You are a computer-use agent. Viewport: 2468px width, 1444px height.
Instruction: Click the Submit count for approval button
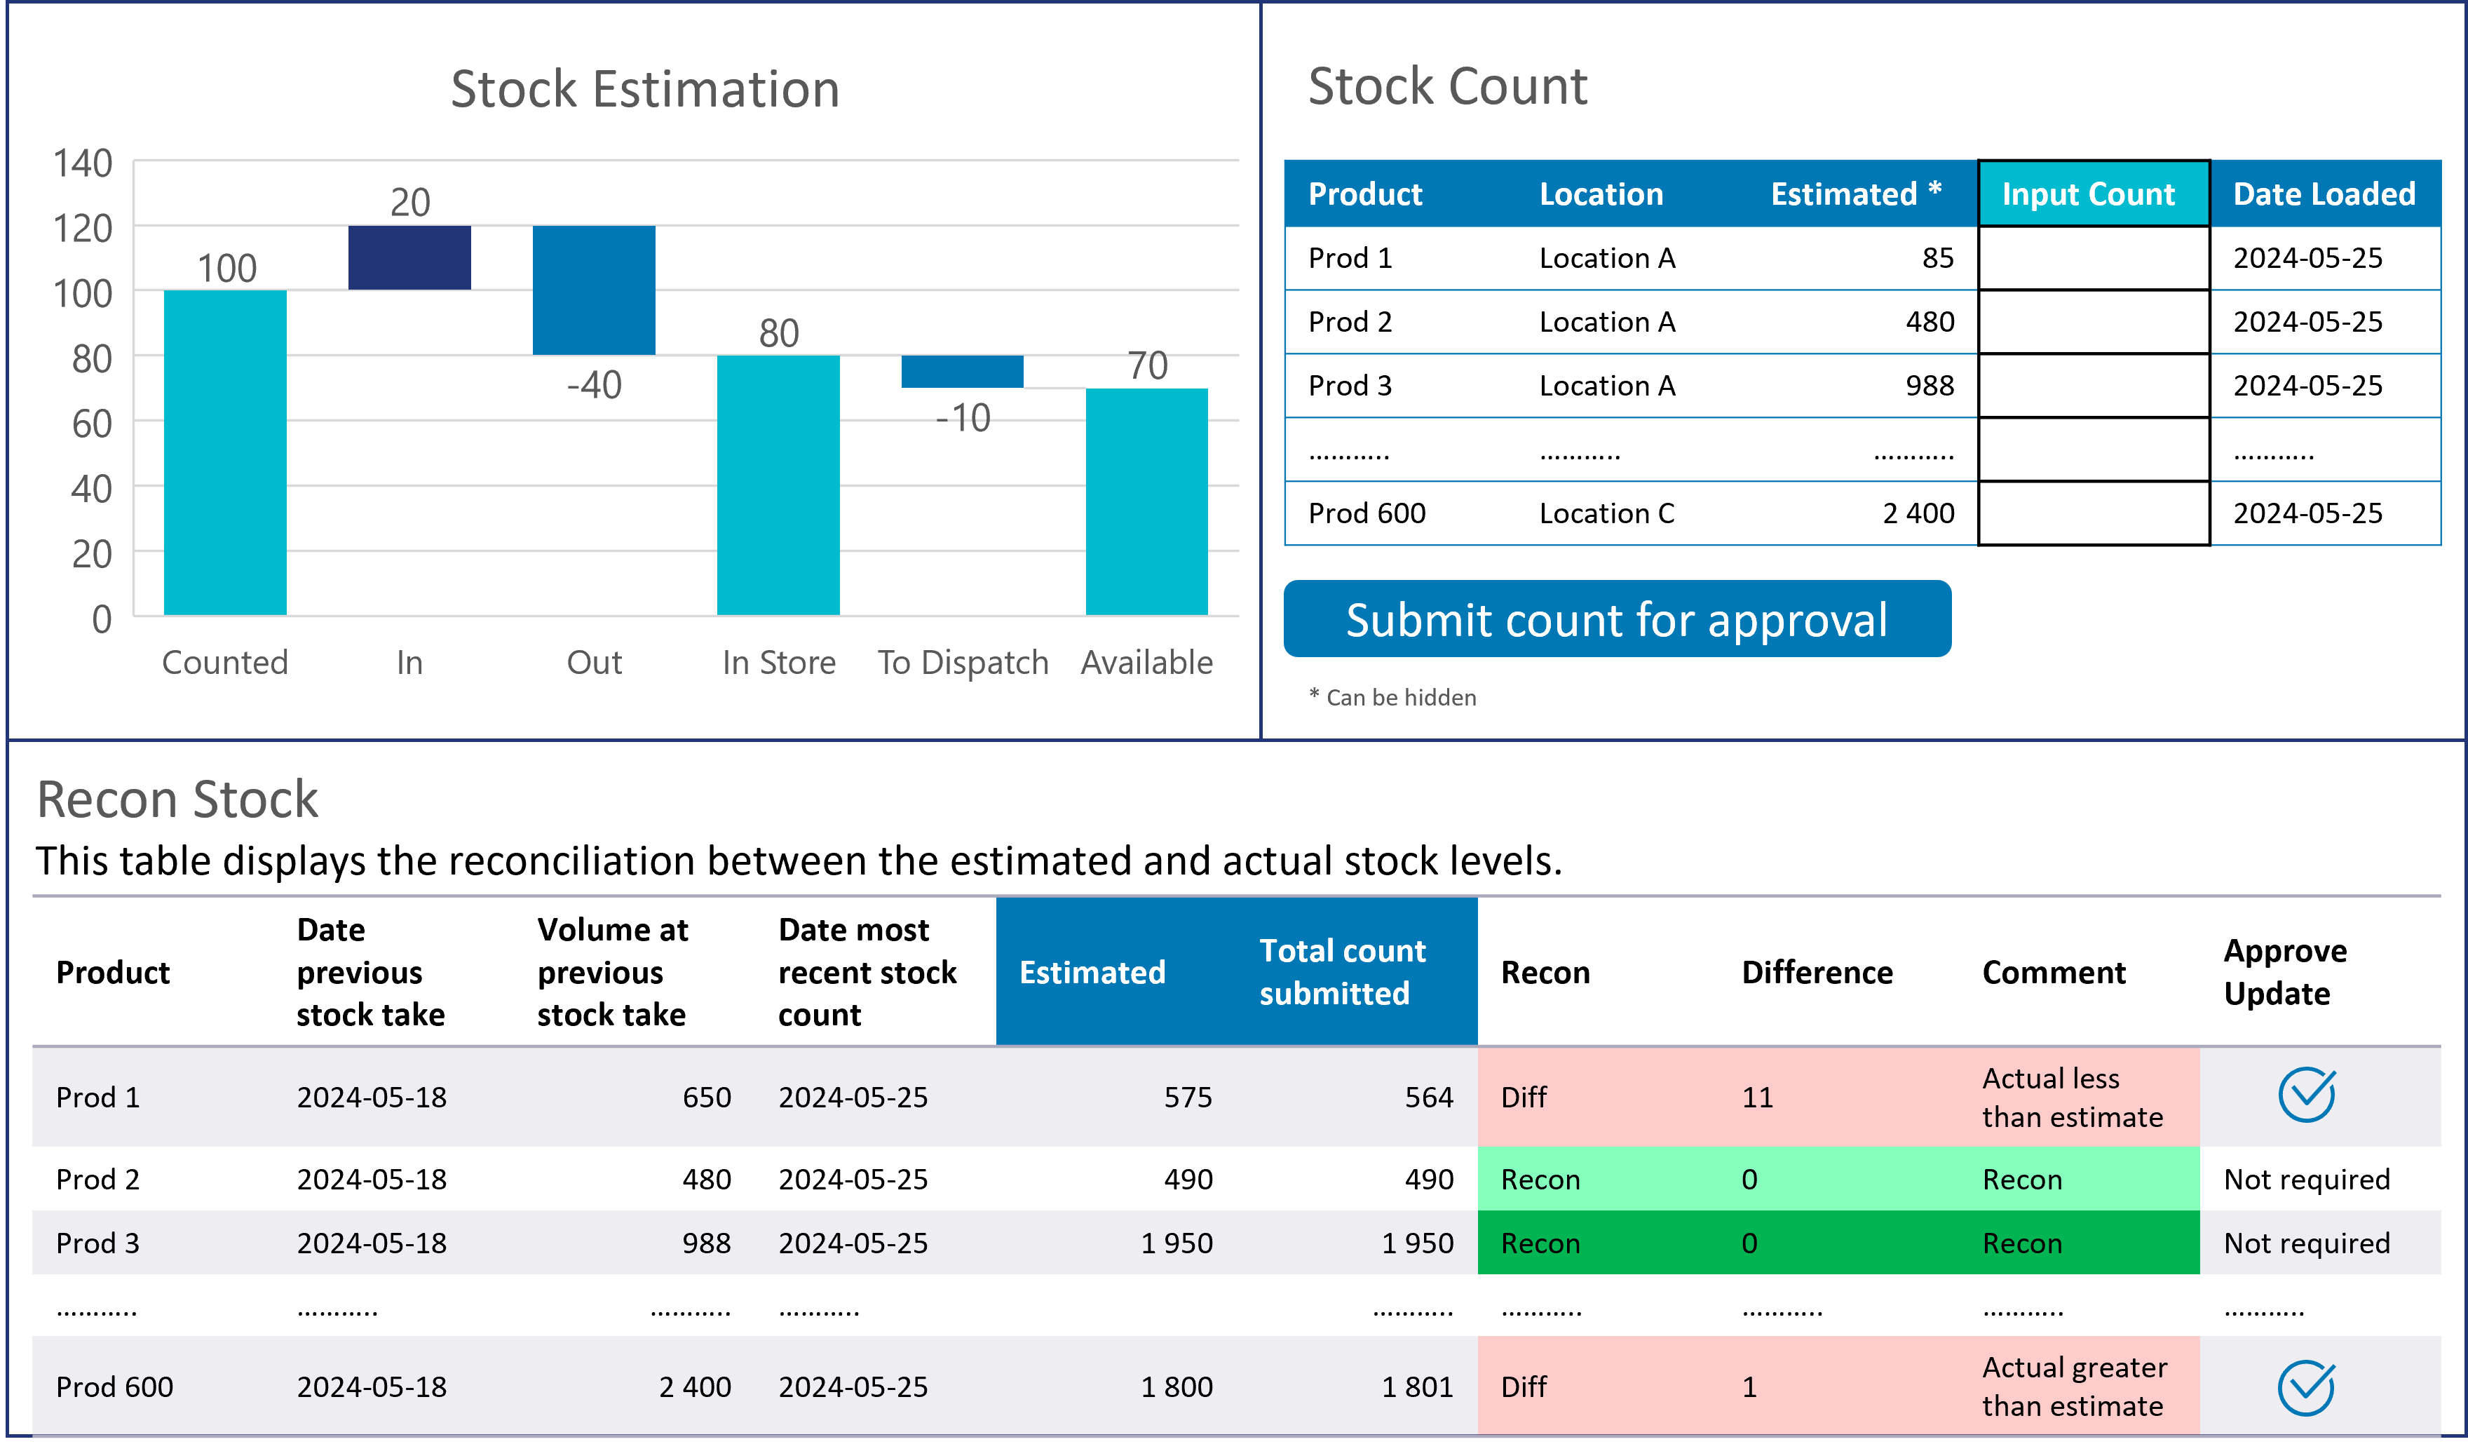[x=1616, y=619]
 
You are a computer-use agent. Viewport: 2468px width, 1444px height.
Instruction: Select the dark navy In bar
[x=409, y=257]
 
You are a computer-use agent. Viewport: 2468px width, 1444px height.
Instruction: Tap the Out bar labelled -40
[x=593, y=290]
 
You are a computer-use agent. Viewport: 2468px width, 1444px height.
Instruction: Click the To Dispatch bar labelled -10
[x=962, y=371]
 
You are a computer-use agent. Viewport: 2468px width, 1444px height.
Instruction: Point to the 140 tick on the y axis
[x=83, y=163]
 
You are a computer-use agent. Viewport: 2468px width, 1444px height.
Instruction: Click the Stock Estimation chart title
[x=644, y=89]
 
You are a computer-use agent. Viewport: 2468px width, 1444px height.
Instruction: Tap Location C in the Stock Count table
[x=1606, y=513]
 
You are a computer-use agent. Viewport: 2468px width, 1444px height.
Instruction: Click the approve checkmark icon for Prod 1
[x=2307, y=1095]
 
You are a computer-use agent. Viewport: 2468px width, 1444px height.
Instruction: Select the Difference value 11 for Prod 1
[x=1757, y=1098]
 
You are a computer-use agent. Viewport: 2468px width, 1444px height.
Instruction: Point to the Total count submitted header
[x=1342, y=972]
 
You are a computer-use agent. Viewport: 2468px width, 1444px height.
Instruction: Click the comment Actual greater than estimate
[x=2073, y=1386]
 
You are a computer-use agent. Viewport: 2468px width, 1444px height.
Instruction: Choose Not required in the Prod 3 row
[x=2307, y=1243]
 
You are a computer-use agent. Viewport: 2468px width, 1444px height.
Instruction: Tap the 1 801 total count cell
[x=1416, y=1387]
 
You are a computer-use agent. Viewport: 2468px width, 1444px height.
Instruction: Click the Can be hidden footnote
[x=1399, y=698]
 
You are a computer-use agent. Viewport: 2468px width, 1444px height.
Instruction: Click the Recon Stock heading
[x=177, y=799]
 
